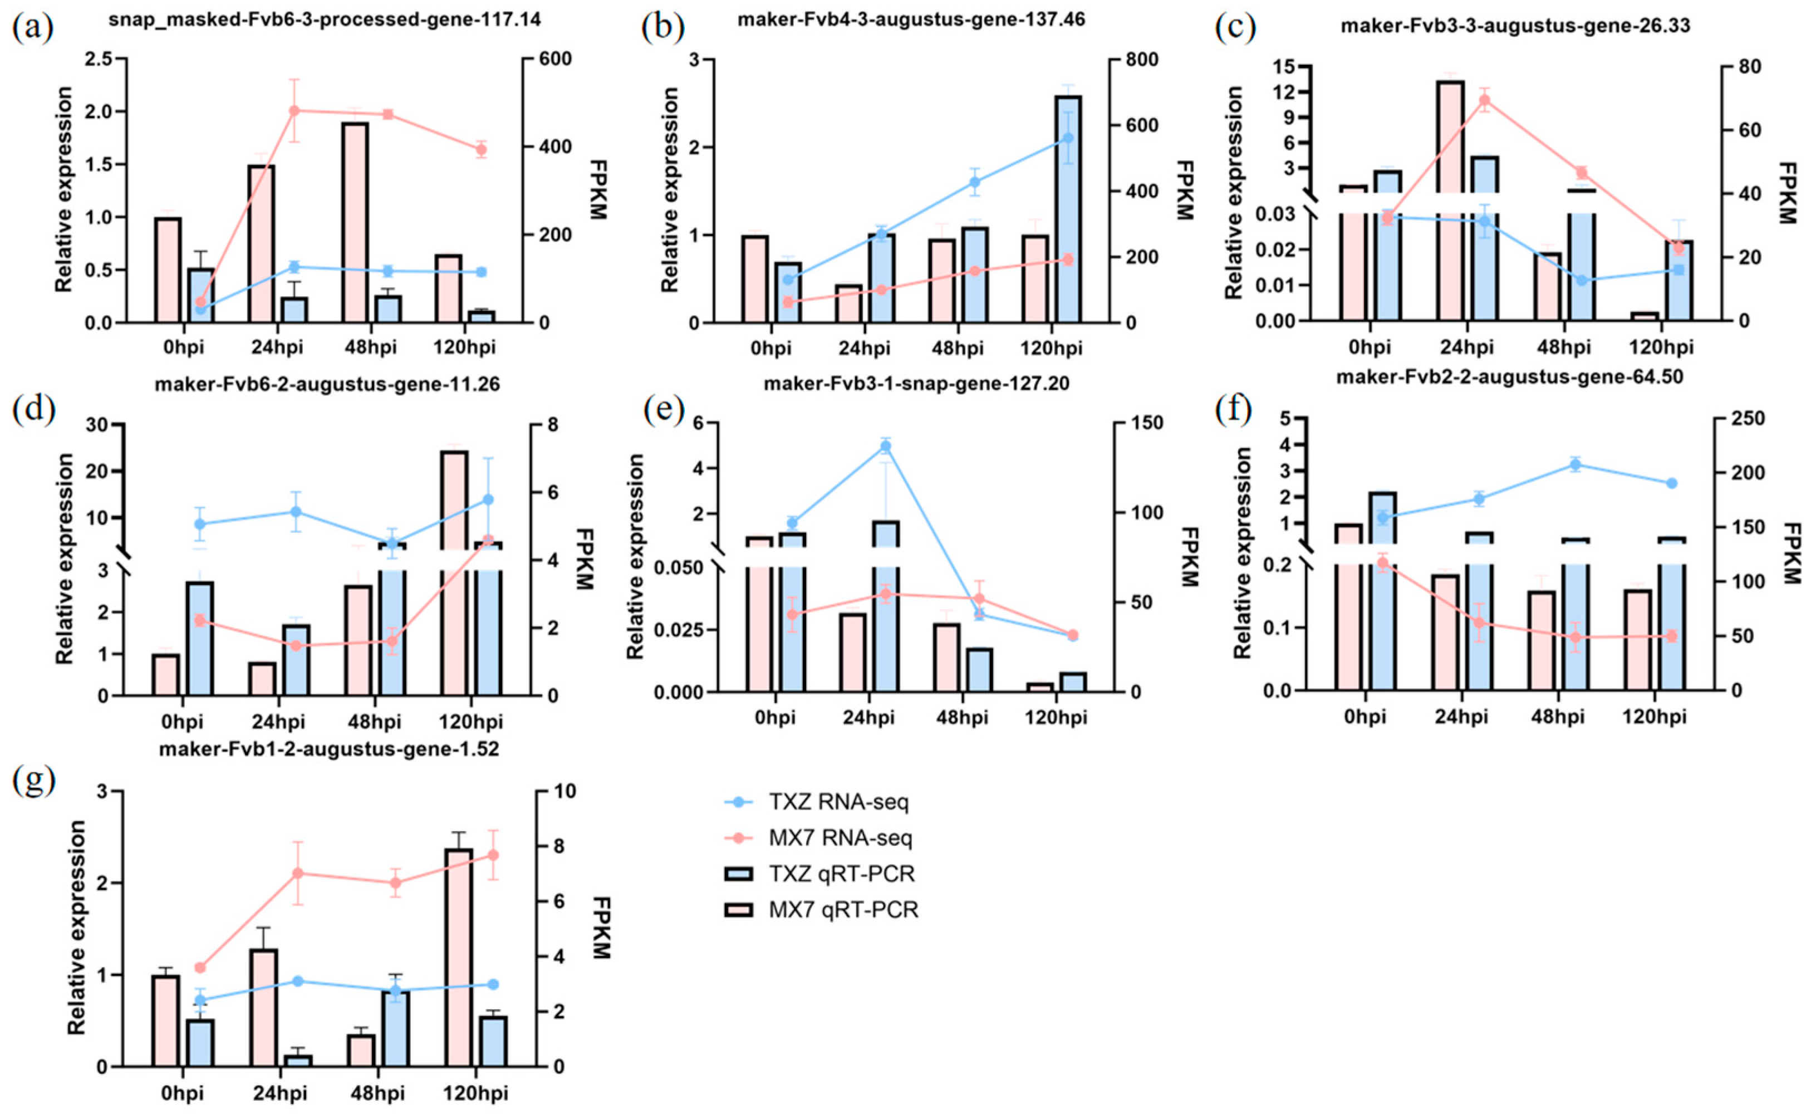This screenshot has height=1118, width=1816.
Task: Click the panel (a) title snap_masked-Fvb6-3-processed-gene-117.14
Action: (x=325, y=20)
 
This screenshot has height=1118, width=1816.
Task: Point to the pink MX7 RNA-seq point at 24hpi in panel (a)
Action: (x=294, y=111)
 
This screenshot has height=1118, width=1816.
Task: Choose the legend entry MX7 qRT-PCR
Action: (x=843, y=910)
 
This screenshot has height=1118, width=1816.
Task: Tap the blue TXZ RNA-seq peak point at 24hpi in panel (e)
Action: (x=886, y=446)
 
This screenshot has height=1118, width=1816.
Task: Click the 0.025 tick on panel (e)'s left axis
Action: (x=684, y=630)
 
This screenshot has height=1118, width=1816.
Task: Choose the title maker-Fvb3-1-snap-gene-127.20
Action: (x=916, y=384)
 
